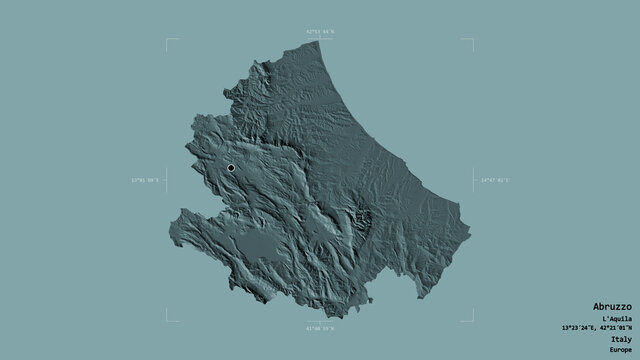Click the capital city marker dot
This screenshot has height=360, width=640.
pyautogui.click(x=231, y=168)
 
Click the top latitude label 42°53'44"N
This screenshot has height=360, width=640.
pyautogui.click(x=320, y=33)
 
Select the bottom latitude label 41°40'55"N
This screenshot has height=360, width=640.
pyautogui.click(x=320, y=328)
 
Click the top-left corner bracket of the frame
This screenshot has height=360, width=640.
pyautogui.click(x=167, y=41)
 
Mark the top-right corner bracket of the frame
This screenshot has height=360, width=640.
pyautogui.click(x=473, y=41)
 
